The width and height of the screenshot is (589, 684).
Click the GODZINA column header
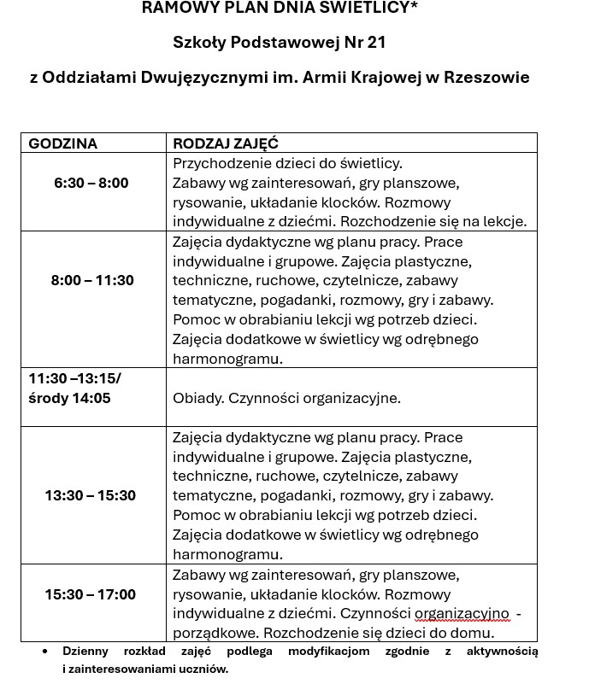click(x=63, y=143)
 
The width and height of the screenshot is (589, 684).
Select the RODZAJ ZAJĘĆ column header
click(x=226, y=143)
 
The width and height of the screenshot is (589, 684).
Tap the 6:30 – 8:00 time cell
click(x=91, y=183)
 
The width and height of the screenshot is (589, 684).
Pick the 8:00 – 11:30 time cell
click(x=92, y=280)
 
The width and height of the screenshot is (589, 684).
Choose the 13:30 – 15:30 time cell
click(x=90, y=495)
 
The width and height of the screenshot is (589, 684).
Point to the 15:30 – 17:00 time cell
click(x=90, y=594)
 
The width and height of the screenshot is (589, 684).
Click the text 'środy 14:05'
click(x=69, y=398)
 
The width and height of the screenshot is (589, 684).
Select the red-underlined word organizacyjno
click(x=462, y=614)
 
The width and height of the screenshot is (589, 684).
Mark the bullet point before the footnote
click(x=45, y=651)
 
